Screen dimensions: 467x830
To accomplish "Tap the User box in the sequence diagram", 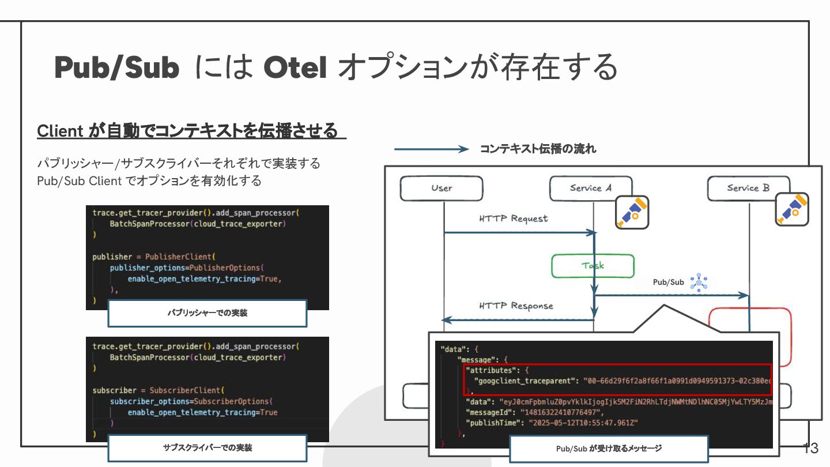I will tap(442, 188).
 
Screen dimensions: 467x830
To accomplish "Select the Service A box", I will tap(590, 188).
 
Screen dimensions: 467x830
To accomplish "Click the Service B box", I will tap(748, 188).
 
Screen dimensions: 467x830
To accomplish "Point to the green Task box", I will tap(593, 266).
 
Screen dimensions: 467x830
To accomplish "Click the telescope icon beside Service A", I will tap(632, 212).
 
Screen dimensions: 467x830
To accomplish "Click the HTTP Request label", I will tap(513, 219).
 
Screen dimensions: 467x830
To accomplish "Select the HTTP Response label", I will tap(516, 306).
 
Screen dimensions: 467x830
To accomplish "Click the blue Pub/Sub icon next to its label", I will tap(699, 282).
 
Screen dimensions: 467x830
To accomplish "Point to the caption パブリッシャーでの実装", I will tap(207, 313).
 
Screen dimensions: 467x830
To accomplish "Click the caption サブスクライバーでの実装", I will tap(207, 447).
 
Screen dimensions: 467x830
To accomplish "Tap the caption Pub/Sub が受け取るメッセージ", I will tap(609, 448).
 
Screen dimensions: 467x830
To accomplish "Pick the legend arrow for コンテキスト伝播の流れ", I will tap(431, 149).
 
